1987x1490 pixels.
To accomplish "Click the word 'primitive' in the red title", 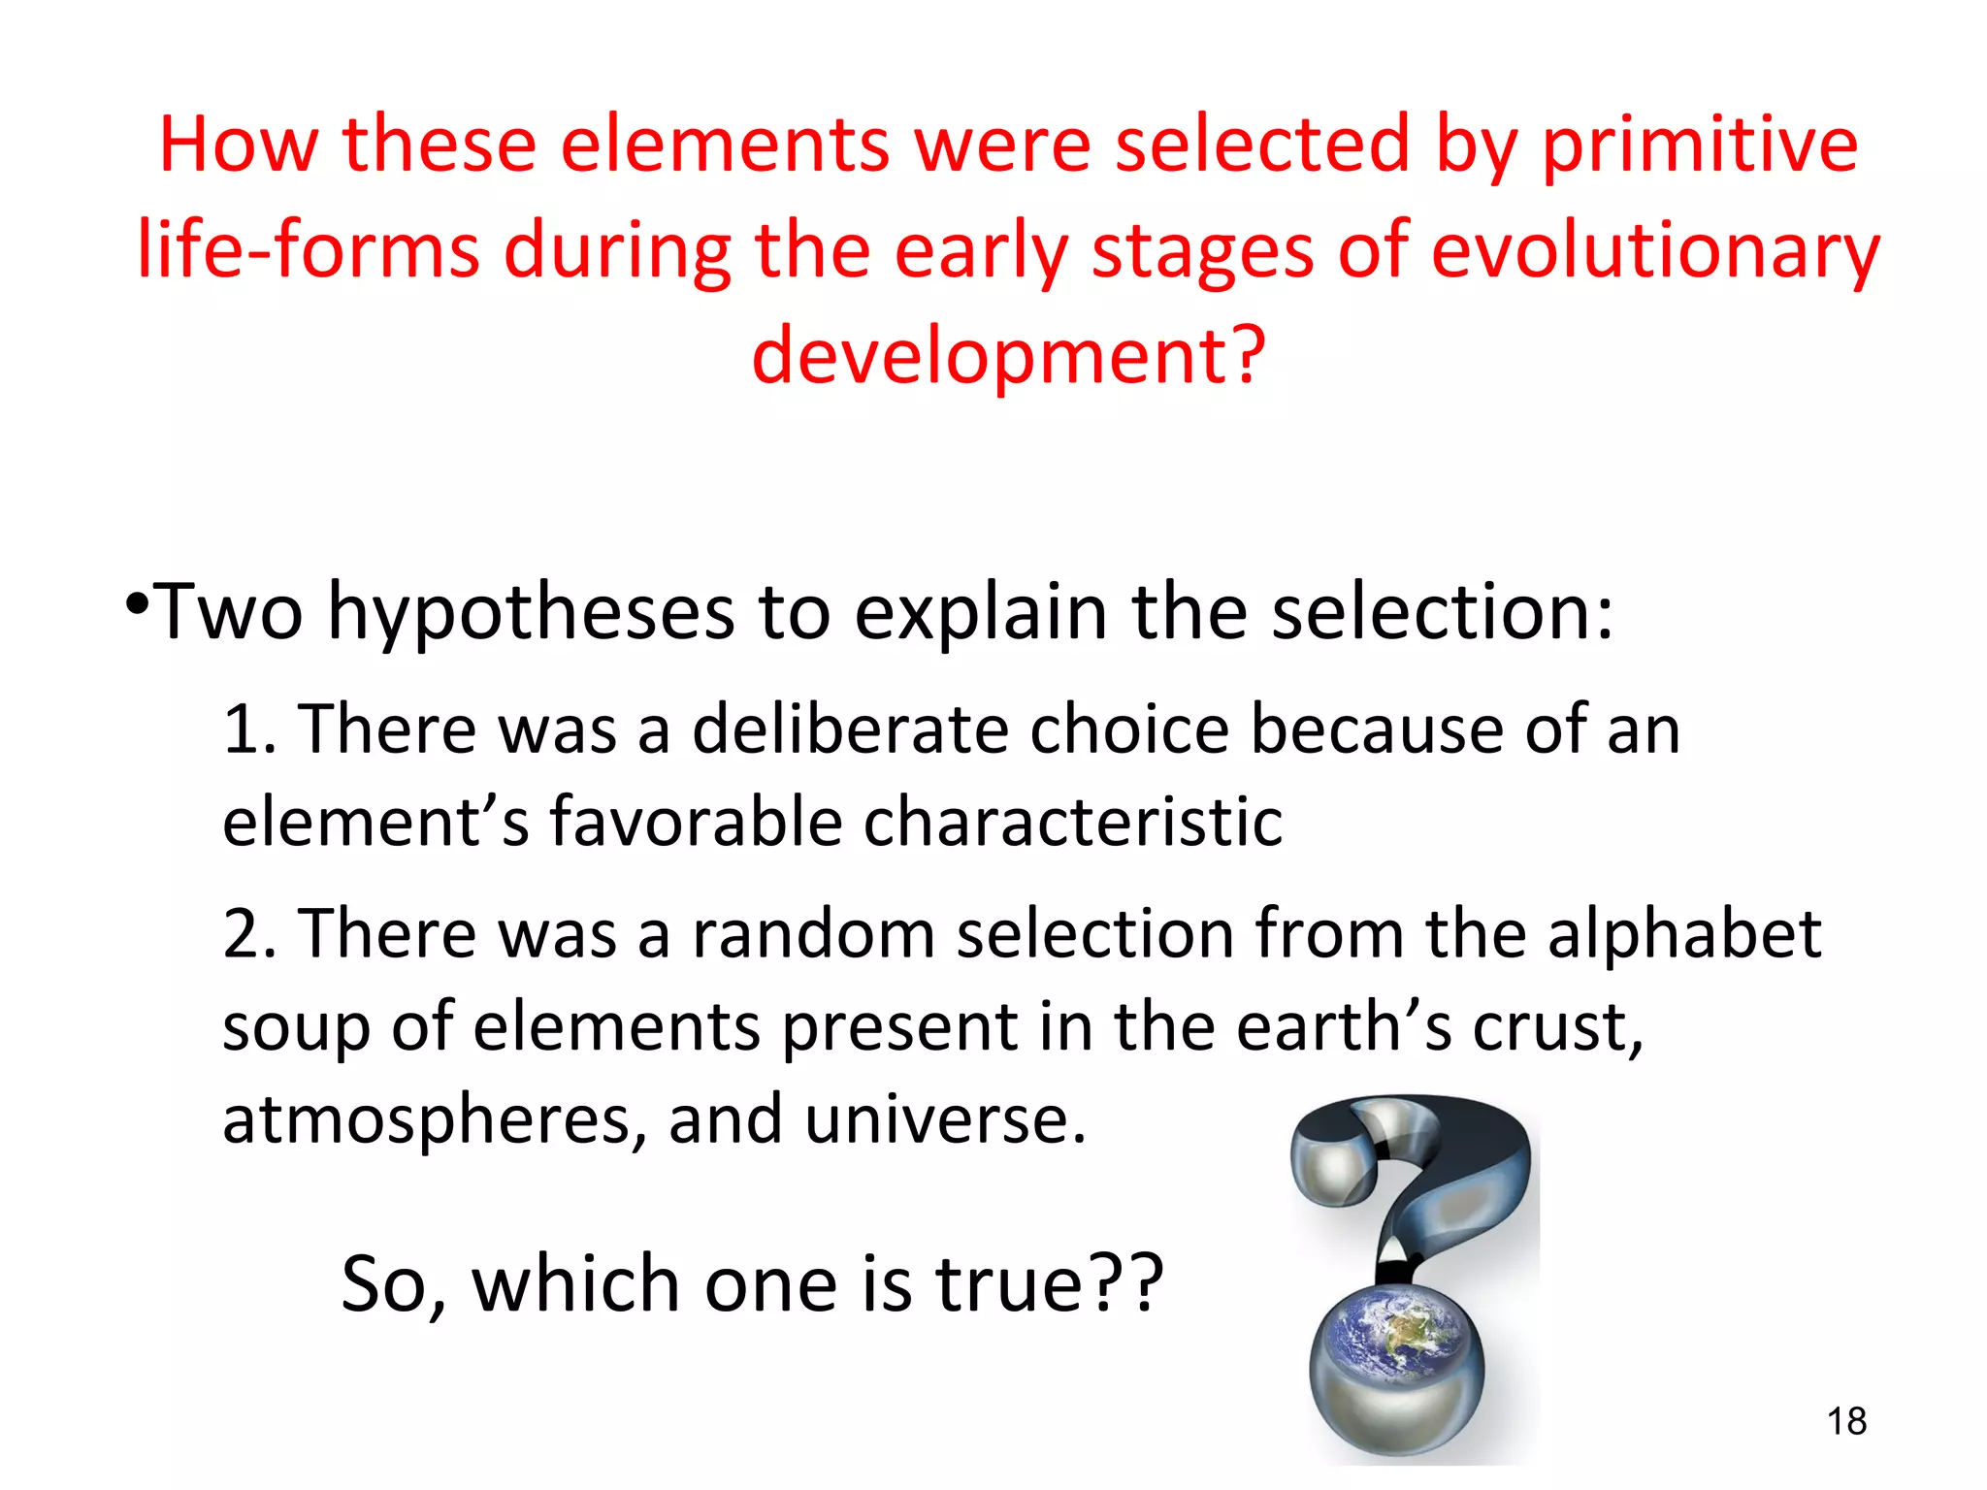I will click(1700, 146).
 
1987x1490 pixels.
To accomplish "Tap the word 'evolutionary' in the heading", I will click(1655, 250).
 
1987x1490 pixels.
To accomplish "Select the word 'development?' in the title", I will click(1009, 355).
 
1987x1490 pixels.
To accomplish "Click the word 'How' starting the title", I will click(239, 146).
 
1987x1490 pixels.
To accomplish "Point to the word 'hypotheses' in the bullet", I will click(530, 613).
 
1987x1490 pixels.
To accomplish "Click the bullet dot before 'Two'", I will click(138, 602).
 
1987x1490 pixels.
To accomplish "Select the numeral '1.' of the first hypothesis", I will click(250, 729).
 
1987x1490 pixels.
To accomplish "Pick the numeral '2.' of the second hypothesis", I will click(250, 934).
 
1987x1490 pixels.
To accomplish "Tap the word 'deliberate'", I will click(850, 729).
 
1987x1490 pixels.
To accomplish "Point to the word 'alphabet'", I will click(1684, 934).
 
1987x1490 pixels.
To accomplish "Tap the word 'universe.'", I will click(945, 1119).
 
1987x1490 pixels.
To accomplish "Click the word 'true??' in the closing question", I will click(1049, 1284).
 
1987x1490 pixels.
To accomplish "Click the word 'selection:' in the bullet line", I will click(1442, 613).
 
